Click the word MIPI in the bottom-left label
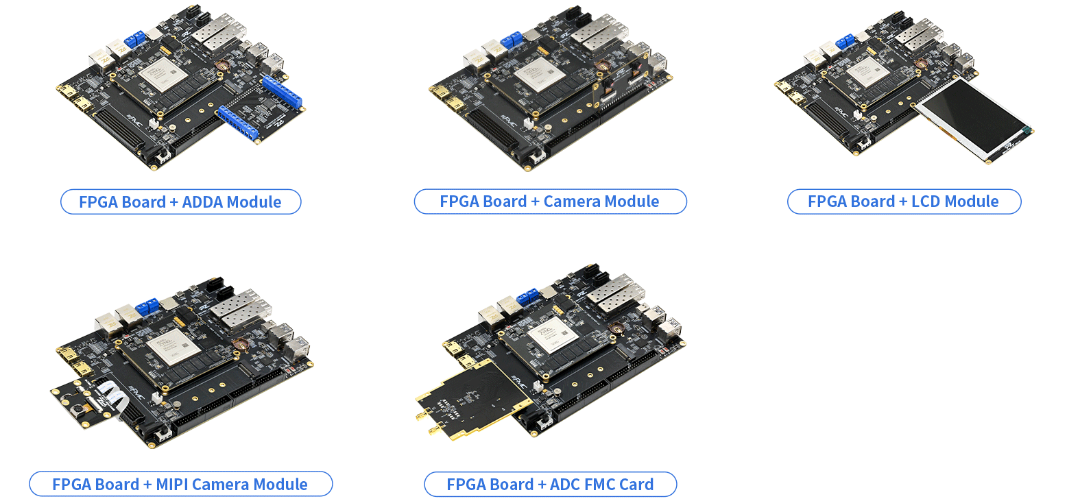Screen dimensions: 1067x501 tap(171, 485)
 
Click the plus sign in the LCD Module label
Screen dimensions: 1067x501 tap(903, 202)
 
